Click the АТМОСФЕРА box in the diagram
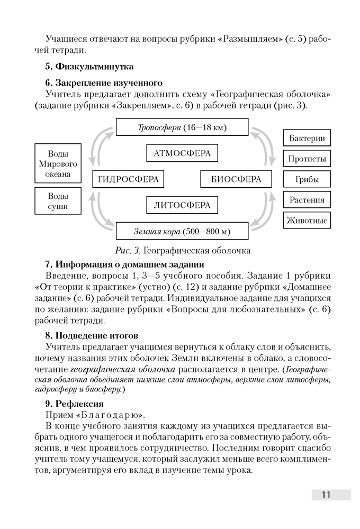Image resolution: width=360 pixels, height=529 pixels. point(182,153)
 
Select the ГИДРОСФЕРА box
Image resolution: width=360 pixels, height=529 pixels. point(129,179)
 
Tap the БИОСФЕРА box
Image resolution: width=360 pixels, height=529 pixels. point(236,179)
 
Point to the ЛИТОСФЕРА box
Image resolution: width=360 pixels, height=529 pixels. point(182,205)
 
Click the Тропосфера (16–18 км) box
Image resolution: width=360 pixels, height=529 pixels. point(182,127)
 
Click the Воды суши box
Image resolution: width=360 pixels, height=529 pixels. point(58,201)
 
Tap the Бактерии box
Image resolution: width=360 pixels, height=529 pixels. point(307,139)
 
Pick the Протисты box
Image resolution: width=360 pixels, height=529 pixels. point(307,159)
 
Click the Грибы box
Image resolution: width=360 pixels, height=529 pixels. point(307,179)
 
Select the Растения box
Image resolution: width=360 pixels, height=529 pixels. point(307,200)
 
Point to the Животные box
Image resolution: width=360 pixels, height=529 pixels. point(307,221)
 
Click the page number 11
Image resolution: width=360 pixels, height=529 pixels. point(326,495)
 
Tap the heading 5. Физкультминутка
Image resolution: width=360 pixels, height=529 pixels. point(89,67)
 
